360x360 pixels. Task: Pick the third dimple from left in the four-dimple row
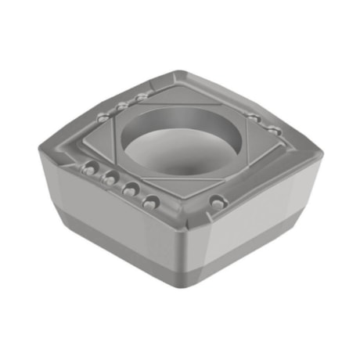pyautogui.click(x=131, y=188)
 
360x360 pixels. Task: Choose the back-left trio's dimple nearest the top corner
pyautogui.click(x=141, y=97)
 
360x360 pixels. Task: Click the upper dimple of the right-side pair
pyautogui.click(x=254, y=117)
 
